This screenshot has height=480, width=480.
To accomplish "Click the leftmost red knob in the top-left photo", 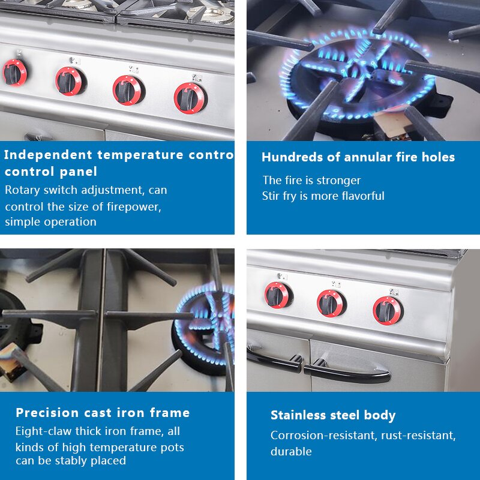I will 14,73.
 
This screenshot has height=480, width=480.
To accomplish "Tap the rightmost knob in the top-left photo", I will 190,97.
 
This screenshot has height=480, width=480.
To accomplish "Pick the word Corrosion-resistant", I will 323,436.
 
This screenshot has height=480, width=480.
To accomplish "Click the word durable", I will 291,451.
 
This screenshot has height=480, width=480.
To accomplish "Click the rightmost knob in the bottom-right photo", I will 387,310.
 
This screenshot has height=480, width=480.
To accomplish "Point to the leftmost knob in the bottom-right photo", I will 278,295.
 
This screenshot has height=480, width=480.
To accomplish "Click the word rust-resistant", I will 419,436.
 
